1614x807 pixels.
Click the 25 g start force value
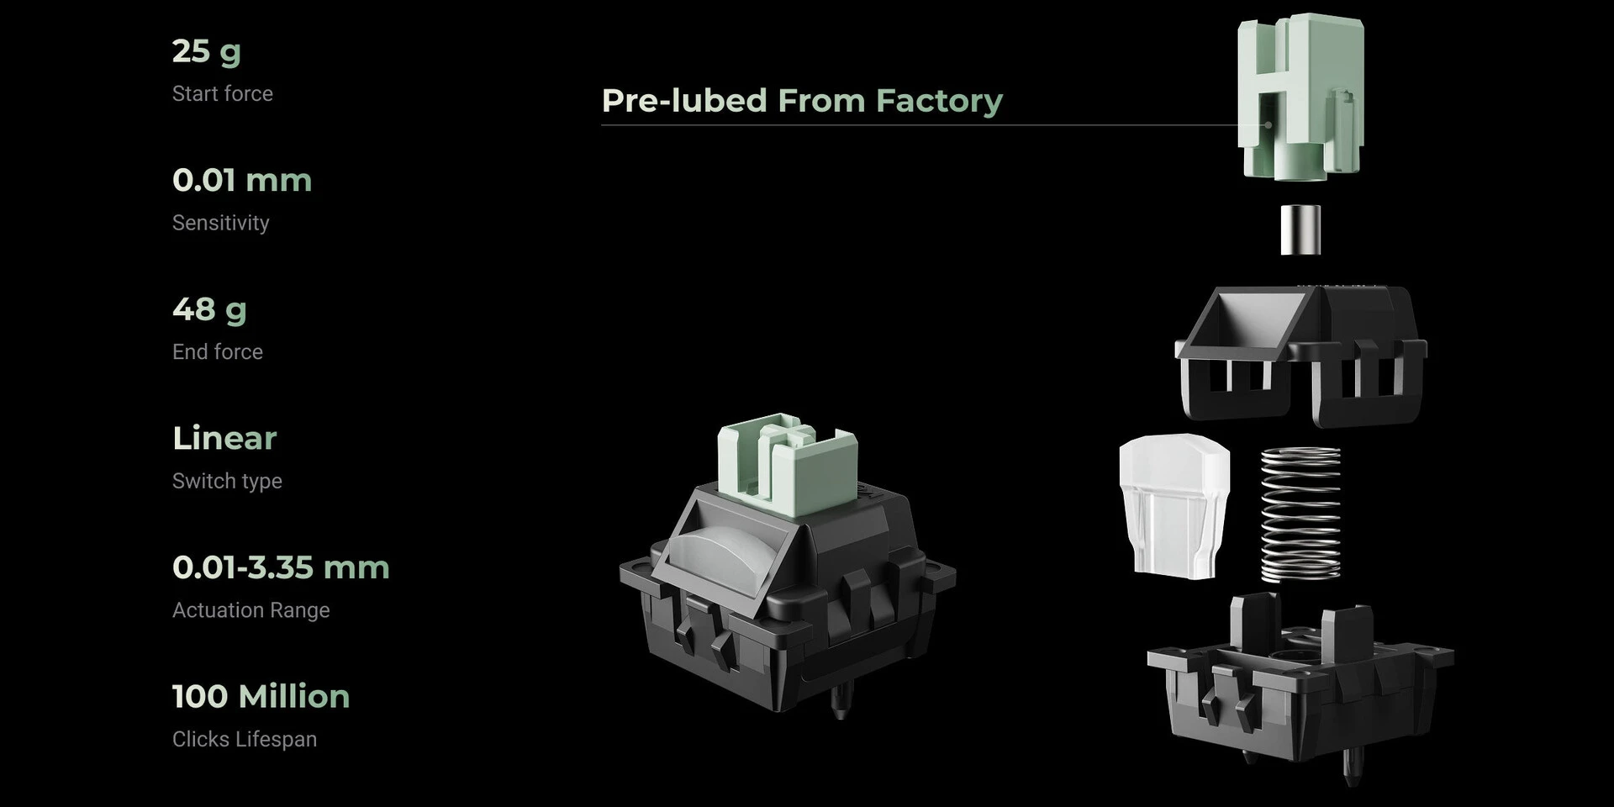pos(207,52)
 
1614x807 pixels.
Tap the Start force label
pos(223,93)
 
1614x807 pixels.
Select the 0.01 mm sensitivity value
pos(242,180)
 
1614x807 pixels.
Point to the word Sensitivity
pos(221,223)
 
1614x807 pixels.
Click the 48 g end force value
pos(209,310)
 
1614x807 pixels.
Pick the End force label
pos(218,351)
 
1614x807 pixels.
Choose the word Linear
pos(224,438)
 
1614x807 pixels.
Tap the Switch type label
pos(227,481)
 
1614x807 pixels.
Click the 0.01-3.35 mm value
pos(281,567)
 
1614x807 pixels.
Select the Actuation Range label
pos(251,610)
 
